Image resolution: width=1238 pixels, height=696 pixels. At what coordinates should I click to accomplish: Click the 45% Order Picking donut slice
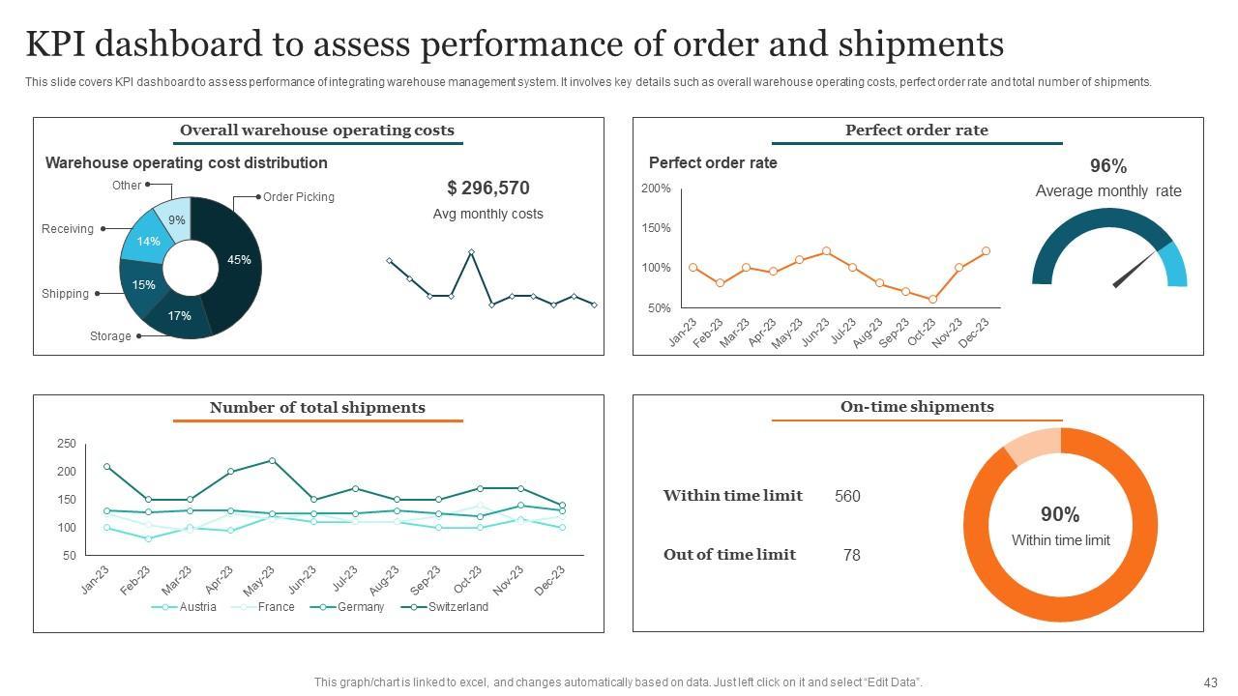click(x=240, y=259)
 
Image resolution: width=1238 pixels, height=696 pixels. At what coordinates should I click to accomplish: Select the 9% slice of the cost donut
click(x=176, y=219)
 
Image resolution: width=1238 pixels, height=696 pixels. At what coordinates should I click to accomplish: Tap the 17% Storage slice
click(x=180, y=316)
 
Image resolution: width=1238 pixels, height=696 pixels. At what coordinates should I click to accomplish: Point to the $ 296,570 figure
click(x=488, y=188)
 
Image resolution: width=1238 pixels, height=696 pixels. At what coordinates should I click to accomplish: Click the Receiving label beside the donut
click(x=68, y=229)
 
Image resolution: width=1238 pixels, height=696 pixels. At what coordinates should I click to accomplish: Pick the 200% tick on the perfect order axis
click(x=656, y=188)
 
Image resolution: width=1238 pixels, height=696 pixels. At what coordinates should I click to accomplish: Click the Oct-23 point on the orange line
click(x=932, y=300)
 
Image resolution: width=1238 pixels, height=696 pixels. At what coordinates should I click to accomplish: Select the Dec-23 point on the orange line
click(x=986, y=251)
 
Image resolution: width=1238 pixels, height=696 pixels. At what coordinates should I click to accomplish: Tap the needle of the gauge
click(x=1135, y=270)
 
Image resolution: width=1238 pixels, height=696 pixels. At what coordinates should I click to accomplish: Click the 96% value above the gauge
click(x=1108, y=166)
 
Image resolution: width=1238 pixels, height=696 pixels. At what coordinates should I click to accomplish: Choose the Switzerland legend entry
click(x=457, y=607)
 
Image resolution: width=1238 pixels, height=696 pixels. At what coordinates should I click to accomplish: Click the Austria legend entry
click(x=197, y=607)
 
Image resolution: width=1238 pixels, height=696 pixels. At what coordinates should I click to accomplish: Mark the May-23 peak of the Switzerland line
click(x=273, y=461)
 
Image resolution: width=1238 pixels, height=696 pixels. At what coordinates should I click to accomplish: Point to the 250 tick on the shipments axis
click(x=66, y=444)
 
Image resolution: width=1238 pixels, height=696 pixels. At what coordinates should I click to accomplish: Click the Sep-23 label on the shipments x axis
click(x=427, y=579)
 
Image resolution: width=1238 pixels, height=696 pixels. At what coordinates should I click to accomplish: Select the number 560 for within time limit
click(x=847, y=496)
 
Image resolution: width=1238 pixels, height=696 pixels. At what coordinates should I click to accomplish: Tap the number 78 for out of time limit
click(x=851, y=555)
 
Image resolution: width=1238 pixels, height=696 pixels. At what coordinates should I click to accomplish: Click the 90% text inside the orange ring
click(x=1060, y=514)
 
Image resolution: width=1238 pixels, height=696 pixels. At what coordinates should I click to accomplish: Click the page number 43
click(x=1211, y=681)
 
